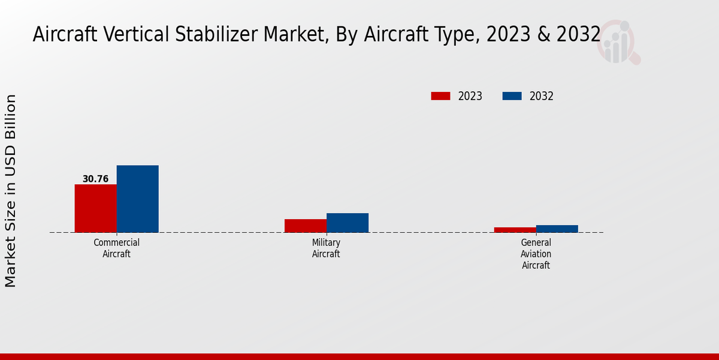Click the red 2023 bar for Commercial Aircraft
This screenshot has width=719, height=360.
point(95,208)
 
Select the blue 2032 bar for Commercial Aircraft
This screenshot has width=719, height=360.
point(137,199)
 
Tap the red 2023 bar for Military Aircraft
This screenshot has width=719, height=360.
point(306,226)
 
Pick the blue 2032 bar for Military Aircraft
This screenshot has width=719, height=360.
point(348,223)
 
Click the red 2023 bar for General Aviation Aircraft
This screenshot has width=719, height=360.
point(515,230)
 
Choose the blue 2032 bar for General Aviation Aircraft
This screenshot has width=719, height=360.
point(557,229)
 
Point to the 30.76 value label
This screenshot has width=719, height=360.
point(95,179)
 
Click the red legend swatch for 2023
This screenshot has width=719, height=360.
point(440,96)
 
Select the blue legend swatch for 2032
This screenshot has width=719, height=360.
point(512,96)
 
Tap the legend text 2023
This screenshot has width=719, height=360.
point(470,96)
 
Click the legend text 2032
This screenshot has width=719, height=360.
point(542,96)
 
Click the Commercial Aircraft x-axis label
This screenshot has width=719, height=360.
point(117,248)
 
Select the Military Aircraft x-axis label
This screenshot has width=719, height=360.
point(326,248)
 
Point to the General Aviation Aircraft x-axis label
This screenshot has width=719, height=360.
point(536,253)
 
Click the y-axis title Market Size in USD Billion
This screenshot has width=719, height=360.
point(11,191)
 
